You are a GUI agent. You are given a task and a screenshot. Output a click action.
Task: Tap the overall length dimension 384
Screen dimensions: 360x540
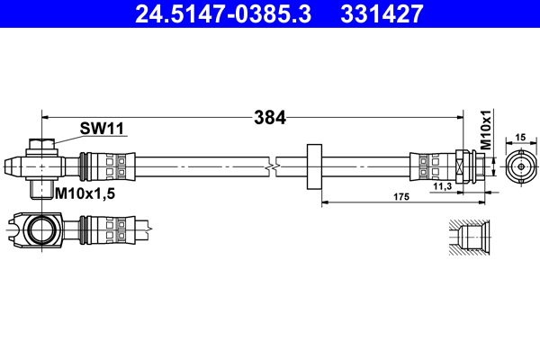[269, 116]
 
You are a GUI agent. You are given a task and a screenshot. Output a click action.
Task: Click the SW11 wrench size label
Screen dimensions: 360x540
[100, 129]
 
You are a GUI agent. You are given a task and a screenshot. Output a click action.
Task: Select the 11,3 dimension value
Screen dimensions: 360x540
[442, 185]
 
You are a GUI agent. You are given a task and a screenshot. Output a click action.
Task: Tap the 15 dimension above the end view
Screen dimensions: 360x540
[520, 137]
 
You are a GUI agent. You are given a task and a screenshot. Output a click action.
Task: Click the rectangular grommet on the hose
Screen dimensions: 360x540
[314, 166]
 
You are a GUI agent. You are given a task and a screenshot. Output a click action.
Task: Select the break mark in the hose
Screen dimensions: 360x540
[272, 166]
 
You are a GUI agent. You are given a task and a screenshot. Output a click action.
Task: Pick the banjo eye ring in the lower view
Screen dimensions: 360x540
[41, 229]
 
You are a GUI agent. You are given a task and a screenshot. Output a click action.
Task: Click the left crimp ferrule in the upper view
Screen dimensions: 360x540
[99, 166]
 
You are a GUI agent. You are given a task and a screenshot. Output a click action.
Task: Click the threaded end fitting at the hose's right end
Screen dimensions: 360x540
[471, 166]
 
